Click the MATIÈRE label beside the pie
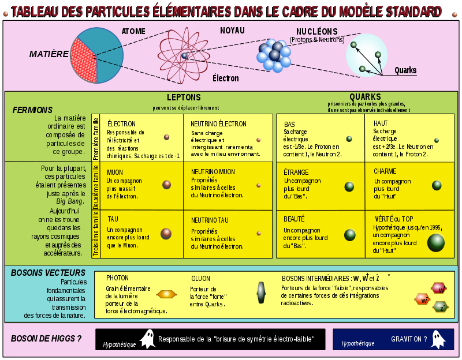point(49,54)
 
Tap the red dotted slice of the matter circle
point(84,61)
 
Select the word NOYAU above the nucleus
point(232,31)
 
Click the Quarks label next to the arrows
point(405,70)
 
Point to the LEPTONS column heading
point(184,97)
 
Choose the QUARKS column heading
point(365,96)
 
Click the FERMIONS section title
point(32,110)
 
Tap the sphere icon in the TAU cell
point(166,234)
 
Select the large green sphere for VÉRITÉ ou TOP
point(436,243)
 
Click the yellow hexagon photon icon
point(166,294)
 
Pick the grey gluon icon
point(261,292)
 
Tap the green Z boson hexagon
point(441,307)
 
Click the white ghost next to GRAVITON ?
point(438,339)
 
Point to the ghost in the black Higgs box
point(148,339)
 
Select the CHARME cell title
point(385,171)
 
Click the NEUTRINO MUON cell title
point(213,172)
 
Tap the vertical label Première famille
point(96,138)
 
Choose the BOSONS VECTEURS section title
point(48,273)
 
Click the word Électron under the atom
point(225,78)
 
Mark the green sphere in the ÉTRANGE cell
point(349,186)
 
